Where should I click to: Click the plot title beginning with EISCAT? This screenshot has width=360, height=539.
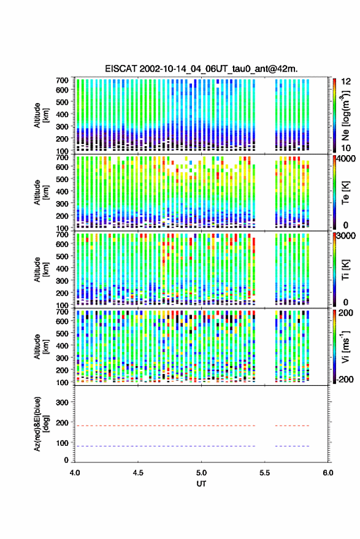click(x=201, y=69)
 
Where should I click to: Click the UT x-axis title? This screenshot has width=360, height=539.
click(x=201, y=484)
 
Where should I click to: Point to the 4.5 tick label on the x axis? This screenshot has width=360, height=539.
click(x=138, y=473)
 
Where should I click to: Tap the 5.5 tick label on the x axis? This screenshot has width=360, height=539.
click(x=264, y=473)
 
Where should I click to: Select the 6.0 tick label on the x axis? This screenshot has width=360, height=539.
click(x=327, y=473)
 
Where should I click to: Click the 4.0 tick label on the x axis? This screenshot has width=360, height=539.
click(x=75, y=473)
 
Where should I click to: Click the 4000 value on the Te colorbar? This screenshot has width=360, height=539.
click(x=346, y=159)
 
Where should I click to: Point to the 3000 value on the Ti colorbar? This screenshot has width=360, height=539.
click(x=346, y=236)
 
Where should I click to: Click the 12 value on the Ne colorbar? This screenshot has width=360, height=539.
click(x=347, y=82)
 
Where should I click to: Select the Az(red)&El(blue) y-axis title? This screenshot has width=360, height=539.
click(x=42, y=424)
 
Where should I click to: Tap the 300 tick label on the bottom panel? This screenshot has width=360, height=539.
click(x=62, y=402)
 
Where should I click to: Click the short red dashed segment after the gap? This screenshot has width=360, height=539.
click(x=293, y=426)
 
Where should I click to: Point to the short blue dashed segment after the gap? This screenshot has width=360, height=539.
click(x=293, y=446)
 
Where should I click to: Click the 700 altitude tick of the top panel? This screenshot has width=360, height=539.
click(x=62, y=80)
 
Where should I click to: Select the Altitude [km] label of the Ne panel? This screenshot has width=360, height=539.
click(x=42, y=115)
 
